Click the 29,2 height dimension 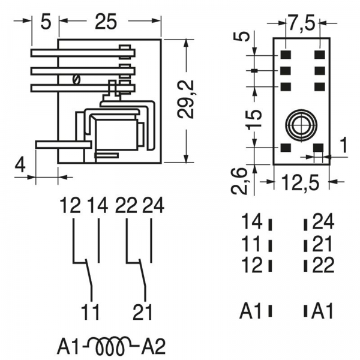coord(187,100)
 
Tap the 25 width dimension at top coord(106,22)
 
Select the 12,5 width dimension coord(300,183)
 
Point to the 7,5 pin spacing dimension coord(301,23)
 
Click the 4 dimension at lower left coord(20,164)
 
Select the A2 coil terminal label coord(154,347)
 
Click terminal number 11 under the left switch coord(90,312)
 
